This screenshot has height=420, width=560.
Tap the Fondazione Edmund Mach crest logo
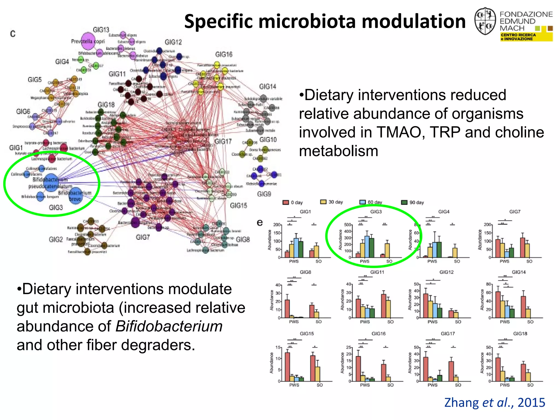485,21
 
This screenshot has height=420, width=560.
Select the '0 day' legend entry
293,202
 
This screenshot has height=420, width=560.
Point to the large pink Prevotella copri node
88,41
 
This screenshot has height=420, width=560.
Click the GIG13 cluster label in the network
101,30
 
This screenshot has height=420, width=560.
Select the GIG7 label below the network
143,237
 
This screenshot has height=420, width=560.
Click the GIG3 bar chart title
376,212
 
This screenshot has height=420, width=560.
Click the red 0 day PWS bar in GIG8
287,309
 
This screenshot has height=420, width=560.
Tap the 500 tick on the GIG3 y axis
347,225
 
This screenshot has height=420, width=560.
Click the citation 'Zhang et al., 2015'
494,402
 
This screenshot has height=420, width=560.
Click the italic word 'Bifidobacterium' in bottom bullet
169,326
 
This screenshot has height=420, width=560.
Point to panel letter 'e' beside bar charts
259,223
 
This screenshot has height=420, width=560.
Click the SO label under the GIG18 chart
530,385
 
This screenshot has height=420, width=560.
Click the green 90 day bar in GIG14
512,313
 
